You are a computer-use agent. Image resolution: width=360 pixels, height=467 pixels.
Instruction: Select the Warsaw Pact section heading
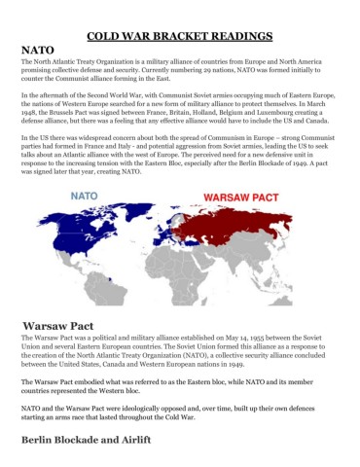(x=59, y=325)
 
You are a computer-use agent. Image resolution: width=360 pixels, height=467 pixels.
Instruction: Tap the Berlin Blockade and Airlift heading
(x=92, y=440)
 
